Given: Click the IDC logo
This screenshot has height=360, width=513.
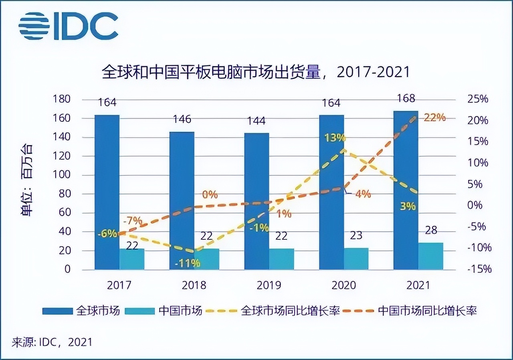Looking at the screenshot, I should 68,26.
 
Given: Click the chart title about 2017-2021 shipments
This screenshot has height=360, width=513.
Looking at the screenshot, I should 256,72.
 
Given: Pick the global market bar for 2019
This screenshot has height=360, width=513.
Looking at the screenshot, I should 256,201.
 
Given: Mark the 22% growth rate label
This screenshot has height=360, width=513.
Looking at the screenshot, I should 435,117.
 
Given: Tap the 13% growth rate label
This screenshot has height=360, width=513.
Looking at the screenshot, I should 335,138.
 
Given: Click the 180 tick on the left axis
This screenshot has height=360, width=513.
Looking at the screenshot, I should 62,99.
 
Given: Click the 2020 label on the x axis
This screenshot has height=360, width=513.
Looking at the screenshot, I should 344,285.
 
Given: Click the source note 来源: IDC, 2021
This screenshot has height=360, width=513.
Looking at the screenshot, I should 52,342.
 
